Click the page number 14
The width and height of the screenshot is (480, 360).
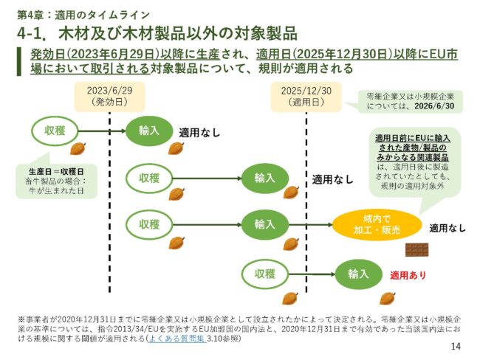455,346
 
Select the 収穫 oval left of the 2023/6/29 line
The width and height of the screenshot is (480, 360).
55,131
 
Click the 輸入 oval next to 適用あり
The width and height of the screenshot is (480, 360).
358,274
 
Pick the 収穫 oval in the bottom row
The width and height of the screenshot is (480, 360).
265,274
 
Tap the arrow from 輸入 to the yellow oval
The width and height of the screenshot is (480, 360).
310,224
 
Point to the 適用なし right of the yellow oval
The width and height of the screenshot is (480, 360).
448,228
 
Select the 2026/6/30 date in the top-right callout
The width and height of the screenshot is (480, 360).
436,106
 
